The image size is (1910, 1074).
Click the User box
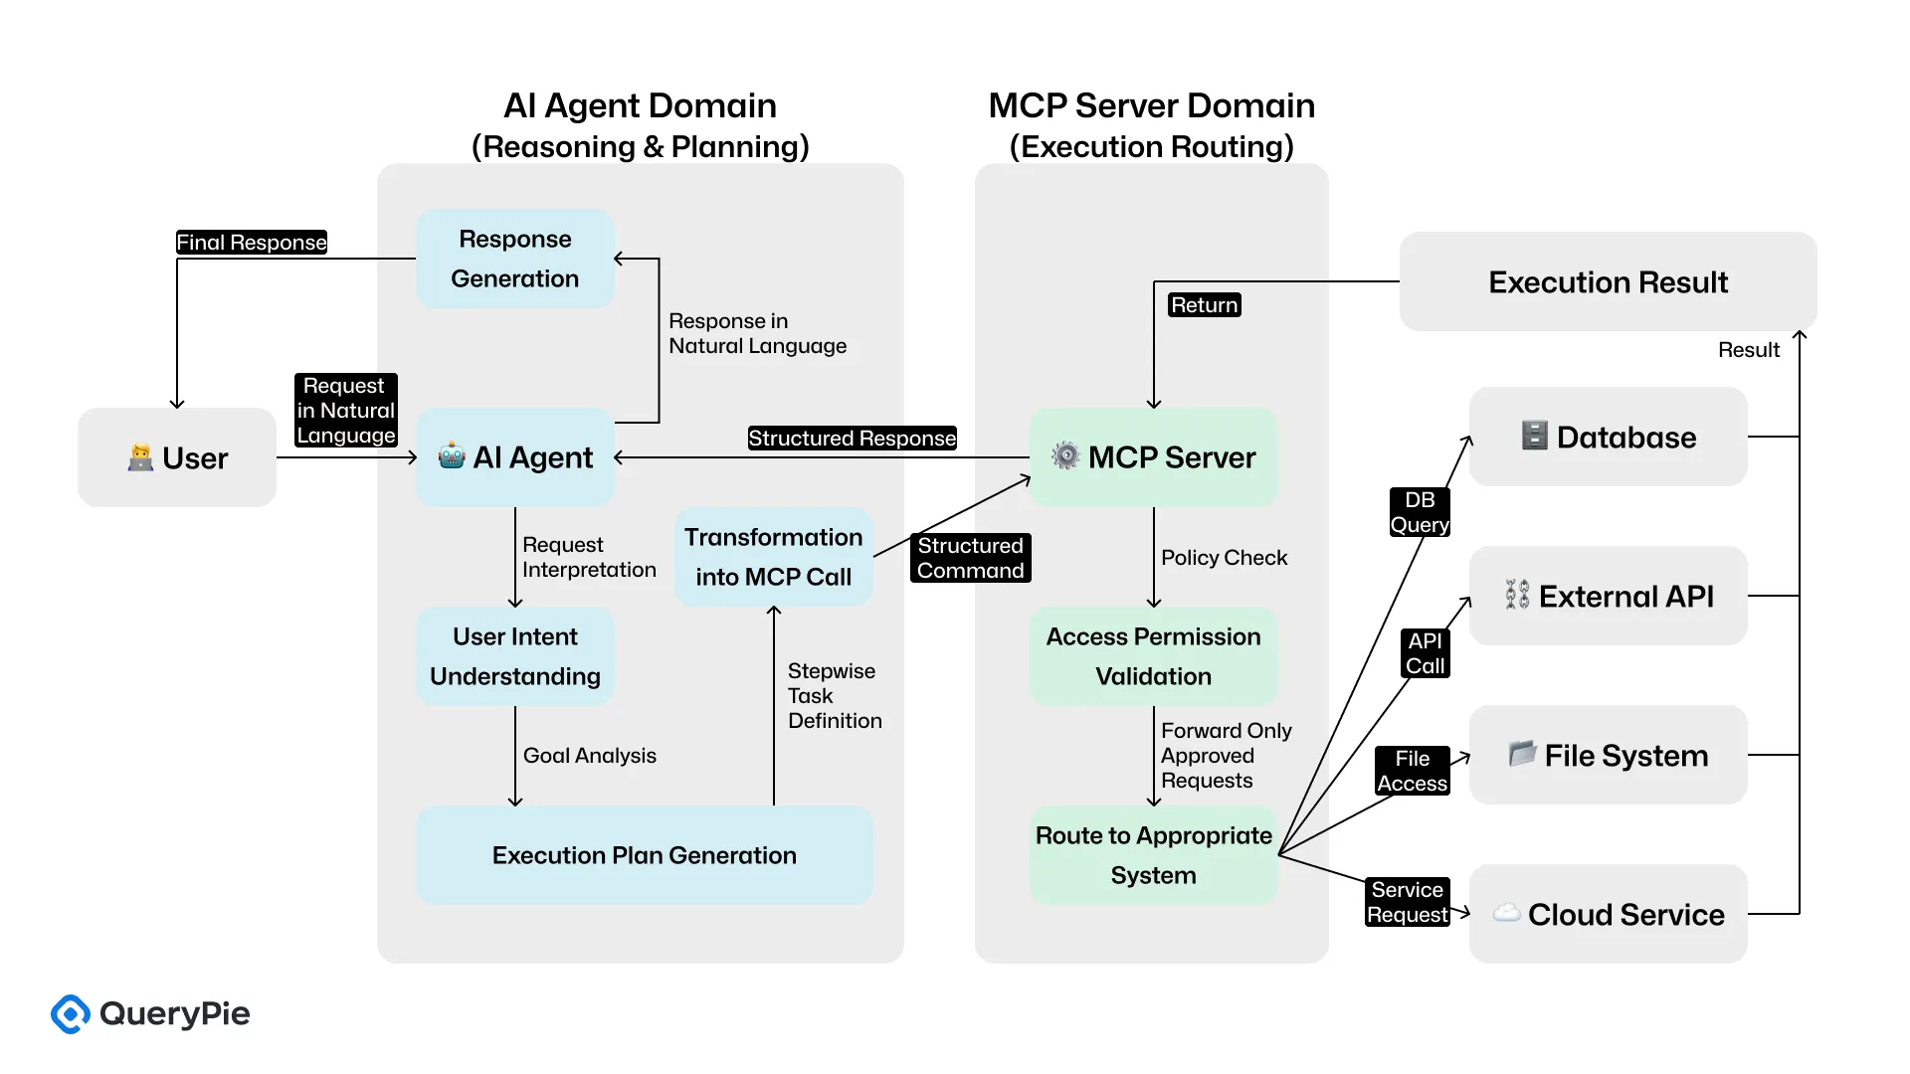click(x=177, y=457)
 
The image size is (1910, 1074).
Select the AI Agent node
click(x=515, y=457)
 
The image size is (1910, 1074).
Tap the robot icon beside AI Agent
click(x=452, y=456)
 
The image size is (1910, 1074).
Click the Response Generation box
click(x=515, y=259)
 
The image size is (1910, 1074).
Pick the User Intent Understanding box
click(x=515, y=656)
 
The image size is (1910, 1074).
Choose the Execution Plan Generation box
click(x=645, y=855)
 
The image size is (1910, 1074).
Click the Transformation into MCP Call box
click(x=774, y=557)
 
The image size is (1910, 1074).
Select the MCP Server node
click(x=1154, y=457)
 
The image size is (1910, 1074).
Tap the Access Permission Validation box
click(x=1154, y=656)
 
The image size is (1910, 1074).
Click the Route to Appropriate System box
click(x=1154, y=855)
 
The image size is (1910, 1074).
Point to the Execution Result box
click(x=1608, y=282)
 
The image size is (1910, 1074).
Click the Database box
click(x=1608, y=438)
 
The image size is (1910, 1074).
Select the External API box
click(x=1608, y=597)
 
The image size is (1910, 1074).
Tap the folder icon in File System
click(x=1522, y=754)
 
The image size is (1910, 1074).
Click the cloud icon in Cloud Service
click(x=1506, y=912)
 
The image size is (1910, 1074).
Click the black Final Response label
click(x=252, y=243)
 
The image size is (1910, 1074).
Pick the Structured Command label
click(x=970, y=558)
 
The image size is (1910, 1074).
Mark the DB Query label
click(x=1420, y=512)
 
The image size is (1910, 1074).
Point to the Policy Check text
click(x=1224, y=558)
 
